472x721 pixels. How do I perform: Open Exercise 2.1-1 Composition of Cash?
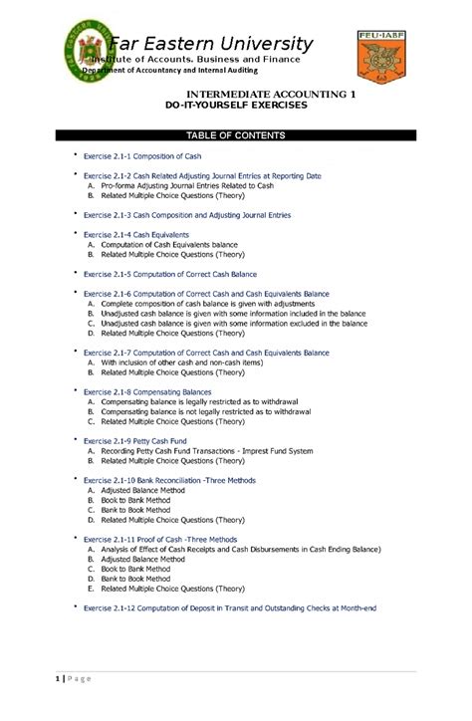point(132,157)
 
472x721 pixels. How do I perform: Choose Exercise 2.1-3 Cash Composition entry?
point(187,214)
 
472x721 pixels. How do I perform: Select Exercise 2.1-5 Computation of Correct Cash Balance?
point(169,274)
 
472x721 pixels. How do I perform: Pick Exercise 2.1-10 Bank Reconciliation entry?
point(169,480)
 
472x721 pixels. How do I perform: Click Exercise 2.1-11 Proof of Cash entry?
point(160,539)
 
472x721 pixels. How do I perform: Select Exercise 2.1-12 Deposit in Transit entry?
point(229,607)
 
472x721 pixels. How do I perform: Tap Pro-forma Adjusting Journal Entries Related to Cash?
point(186,185)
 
